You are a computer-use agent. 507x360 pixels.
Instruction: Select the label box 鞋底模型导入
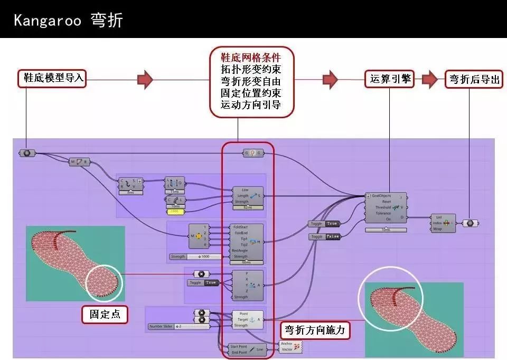tap(53, 78)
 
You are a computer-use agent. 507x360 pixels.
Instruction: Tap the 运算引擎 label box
tap(389, 79)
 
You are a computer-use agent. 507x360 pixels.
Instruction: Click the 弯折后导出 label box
tap(474, 79)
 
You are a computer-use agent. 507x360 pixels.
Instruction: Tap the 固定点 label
tap(105, 314)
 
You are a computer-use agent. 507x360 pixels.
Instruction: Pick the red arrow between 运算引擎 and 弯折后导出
tap(429, 79)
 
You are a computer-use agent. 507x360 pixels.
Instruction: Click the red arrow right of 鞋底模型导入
tap(145, 79)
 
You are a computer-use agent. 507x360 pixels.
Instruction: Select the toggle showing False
tap(324, 237)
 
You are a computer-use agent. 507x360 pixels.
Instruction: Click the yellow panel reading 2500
tap(175, 212)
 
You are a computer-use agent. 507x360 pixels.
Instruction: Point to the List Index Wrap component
tap(443, 223)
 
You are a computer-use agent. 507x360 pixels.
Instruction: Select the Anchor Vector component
tap(291, 346)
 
